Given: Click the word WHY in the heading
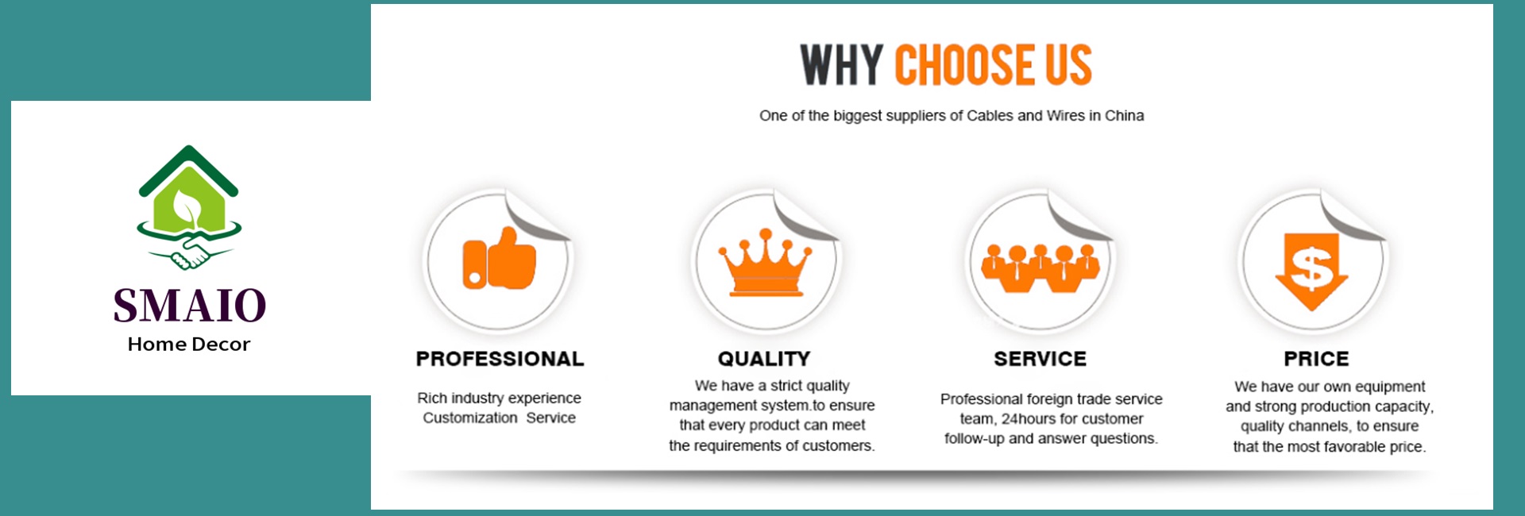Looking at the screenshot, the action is tap(841, 64).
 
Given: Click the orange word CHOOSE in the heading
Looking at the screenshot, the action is tap(963, 64).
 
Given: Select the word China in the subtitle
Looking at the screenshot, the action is tap(1124, 116).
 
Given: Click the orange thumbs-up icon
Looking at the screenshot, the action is tap(499, 259).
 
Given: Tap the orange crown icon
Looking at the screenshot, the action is tap(765, 262).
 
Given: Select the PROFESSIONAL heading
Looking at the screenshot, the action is tap(500, 359).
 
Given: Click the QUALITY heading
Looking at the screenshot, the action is tap(764, 359).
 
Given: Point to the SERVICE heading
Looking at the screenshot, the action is tap(1040, 359).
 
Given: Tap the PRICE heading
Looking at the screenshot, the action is tap(1316, 359).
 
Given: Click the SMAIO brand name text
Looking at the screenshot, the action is tap(189, 306).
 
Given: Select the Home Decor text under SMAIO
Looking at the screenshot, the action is tap(189, 345).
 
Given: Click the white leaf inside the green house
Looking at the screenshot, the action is tap(187, 207).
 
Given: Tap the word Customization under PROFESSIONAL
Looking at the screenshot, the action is tap(469, 418).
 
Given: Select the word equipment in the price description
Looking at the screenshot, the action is tap(1390, 387).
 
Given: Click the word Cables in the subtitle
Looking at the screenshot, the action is tap(990, 116).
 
